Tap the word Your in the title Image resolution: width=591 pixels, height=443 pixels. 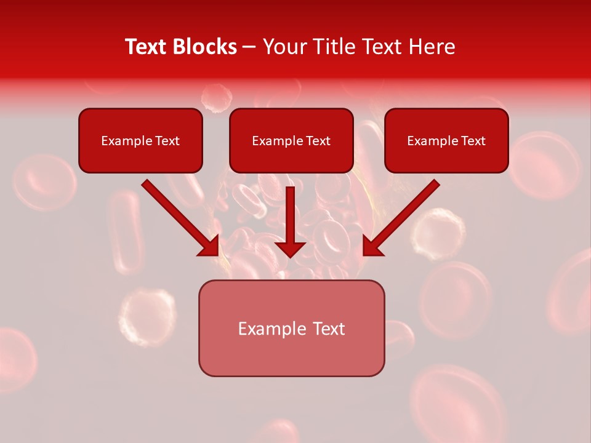pos(286,47)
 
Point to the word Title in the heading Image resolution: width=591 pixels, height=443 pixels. pos(335,47)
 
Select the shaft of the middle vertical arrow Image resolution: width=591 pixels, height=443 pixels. pos(291,212)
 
